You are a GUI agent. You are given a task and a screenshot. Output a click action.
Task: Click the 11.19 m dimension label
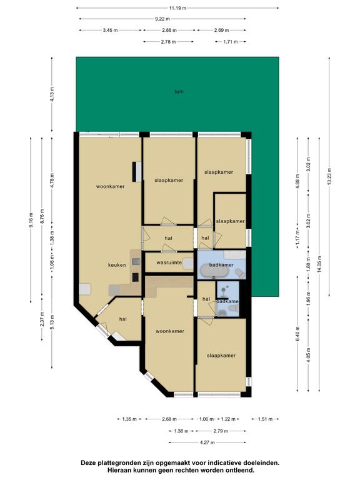click(177, 8)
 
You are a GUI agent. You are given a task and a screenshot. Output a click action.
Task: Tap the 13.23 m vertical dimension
click(329, 177)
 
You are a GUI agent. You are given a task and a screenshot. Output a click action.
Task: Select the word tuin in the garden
click(179, 91)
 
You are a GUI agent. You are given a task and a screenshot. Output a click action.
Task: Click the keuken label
click(117, 265)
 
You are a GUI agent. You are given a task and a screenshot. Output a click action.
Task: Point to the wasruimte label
click(169, 262)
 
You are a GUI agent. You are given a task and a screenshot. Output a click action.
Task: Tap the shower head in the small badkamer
click(226, 288)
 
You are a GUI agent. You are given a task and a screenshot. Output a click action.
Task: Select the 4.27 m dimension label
click(207, 442)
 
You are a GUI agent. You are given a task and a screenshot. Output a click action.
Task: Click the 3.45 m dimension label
click(110, 30)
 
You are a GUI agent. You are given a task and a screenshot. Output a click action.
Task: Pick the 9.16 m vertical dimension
click(31, 220)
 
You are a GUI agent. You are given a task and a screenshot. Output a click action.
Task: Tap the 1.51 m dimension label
click(265, 419)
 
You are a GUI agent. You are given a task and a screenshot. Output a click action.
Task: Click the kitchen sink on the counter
click(136, 262)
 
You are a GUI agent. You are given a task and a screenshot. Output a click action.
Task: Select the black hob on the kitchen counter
click(136, 277)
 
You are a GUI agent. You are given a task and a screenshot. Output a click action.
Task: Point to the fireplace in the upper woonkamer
click(136, 172)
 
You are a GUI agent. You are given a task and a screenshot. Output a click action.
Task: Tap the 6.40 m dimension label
click(297, 334)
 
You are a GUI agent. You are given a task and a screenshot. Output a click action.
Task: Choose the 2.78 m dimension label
click(168, 42)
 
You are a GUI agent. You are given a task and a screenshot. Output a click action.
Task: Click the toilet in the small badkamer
click(222, 312)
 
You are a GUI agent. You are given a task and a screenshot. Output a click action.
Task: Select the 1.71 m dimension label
click(231, 42)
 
